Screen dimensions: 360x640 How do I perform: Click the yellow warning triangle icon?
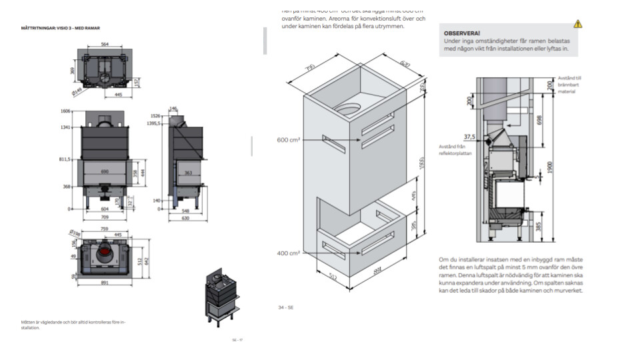click(577, 24)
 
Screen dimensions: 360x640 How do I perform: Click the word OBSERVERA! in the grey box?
click(462, 33)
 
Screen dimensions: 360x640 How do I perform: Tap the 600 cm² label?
click(289, 139)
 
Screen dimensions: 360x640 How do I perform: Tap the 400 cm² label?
click(289, 253)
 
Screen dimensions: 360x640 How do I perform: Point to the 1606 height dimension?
click(65, 111)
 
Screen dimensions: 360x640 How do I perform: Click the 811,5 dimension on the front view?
click(65, 159)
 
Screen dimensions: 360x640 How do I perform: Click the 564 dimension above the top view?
click(105, 44)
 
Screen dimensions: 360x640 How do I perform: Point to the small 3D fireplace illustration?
click(221, 297)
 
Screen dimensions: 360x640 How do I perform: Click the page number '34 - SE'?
click(286, 308)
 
